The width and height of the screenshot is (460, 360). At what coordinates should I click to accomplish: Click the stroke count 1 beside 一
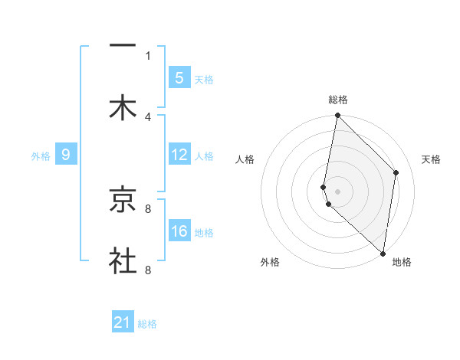coord(148,55)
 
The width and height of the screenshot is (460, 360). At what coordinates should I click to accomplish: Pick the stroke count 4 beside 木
coord(148,116)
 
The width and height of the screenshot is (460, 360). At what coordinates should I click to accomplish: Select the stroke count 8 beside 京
coord(148,208)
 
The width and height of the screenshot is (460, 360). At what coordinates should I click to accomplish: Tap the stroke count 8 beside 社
coord(148,270)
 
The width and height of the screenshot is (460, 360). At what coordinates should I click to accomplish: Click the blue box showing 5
coord(179,78)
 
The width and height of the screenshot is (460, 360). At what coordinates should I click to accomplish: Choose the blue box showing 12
coord(179,155)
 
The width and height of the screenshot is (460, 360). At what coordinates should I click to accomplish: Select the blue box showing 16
coord(179,231)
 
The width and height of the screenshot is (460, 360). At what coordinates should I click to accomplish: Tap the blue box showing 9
coord(66,155)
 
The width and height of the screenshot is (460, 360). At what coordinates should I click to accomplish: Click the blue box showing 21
coord(123,322)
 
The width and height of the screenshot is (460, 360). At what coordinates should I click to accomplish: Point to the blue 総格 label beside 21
coord(147,324)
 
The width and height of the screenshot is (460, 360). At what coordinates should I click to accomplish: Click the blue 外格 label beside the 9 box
coord(41,156)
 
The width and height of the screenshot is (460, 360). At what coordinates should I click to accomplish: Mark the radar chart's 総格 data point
coord(337,116)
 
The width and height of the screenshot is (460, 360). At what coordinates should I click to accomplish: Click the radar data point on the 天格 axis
coord(396,172)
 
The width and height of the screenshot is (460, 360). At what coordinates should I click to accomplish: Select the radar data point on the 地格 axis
coord(383,252)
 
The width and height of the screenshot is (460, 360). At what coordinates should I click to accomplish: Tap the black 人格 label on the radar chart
coord(245,159)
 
